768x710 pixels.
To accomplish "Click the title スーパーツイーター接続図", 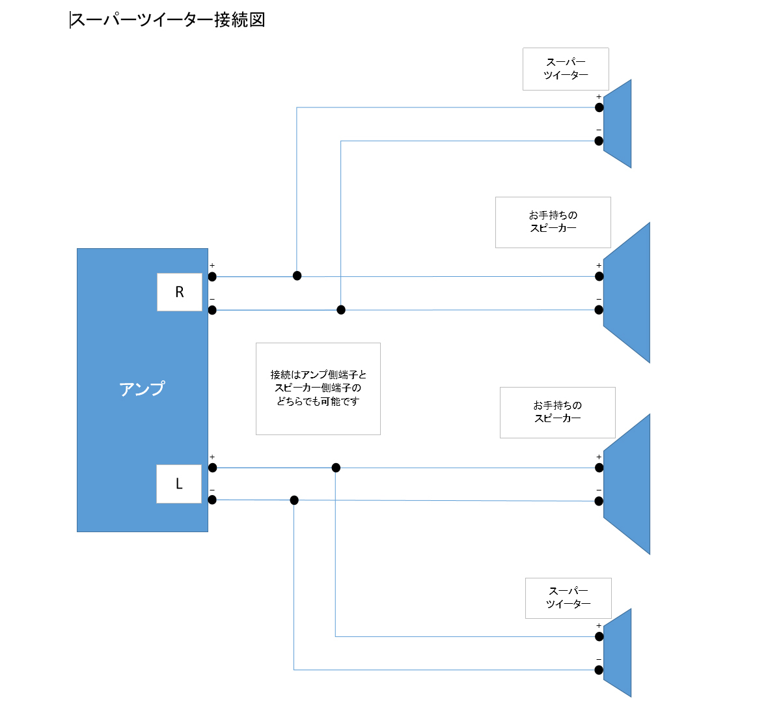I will (x=167, y=20).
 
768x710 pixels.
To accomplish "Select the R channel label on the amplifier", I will (x=180, y=292).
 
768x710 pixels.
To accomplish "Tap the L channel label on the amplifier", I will (x=179, y=484).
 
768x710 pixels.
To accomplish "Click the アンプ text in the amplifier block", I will (x=142, y=389).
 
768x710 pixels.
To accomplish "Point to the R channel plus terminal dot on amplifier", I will (x=212, y=276).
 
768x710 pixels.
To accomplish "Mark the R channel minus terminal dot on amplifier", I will (x=212, y=310).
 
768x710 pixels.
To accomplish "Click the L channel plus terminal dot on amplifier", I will (x=212, y=468).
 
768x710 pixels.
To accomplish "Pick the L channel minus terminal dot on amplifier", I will (x=212, y=500).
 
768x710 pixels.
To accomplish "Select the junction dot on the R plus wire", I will (x=297, y=276).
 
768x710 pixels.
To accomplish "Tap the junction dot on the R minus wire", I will (x=341, y=310).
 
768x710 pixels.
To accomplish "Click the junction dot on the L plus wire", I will (x=336, y=468).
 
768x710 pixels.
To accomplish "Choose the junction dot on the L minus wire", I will (x=294, y=500).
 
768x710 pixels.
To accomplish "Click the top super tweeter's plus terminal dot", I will (x=599, y=107).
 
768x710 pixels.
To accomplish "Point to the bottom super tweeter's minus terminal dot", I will (x=599, y=670).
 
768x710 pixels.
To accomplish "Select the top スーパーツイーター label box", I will (x=566, y=69).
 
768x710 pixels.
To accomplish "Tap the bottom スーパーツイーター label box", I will (x=568, y=598).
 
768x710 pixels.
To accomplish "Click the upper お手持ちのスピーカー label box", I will (x=553, y=222).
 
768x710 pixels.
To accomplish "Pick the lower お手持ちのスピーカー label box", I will (x=558, y=412).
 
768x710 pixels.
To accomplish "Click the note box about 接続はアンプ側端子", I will (x=318, y=389).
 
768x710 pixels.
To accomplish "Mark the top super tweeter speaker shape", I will (x=618, y=124).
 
